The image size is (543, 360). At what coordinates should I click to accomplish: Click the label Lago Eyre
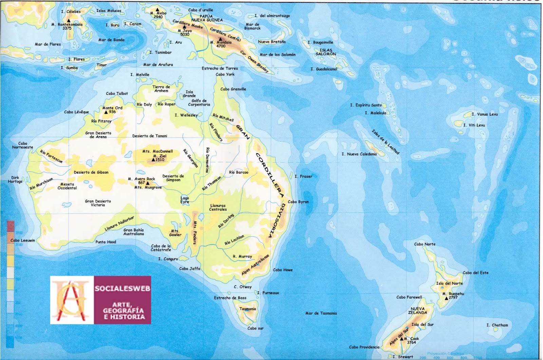tap(185, 200)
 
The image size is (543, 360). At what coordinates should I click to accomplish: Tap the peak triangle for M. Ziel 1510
tap(153, 160)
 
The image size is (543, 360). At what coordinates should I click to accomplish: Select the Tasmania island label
tap(248, 309)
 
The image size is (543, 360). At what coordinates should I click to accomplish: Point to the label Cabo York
tap(225, 74)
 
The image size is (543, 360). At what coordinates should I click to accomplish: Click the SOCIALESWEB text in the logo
tap(122, 289)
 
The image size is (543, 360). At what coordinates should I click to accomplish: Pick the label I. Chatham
tap(497, 325)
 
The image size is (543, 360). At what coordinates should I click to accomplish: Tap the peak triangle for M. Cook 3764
tap(401, 339)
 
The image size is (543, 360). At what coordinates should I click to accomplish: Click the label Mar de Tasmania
tap(321, 313)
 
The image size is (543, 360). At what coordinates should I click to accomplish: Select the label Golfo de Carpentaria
tap(199, 103)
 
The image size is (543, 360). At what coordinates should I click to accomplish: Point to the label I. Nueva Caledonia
tap(359, 154)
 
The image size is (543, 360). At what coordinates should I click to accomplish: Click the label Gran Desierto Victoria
tap(98, 203)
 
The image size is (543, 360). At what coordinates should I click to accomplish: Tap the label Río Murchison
tap(41, 184)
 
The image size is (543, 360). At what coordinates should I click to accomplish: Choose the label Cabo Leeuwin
tap(23, 240)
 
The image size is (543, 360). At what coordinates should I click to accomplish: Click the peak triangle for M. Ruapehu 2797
tap(447, 298)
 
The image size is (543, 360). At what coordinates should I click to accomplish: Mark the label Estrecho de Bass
tap(230, 298)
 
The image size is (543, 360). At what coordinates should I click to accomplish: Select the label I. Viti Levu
tap(474, 125)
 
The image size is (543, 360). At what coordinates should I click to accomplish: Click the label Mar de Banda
tap(111, 40)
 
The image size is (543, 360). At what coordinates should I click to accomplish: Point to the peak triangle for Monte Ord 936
tap(106, 112)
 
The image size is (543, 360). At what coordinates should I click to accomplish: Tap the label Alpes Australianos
tap(255, 265)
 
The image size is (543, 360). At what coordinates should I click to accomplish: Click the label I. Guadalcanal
tap(324, 69)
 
